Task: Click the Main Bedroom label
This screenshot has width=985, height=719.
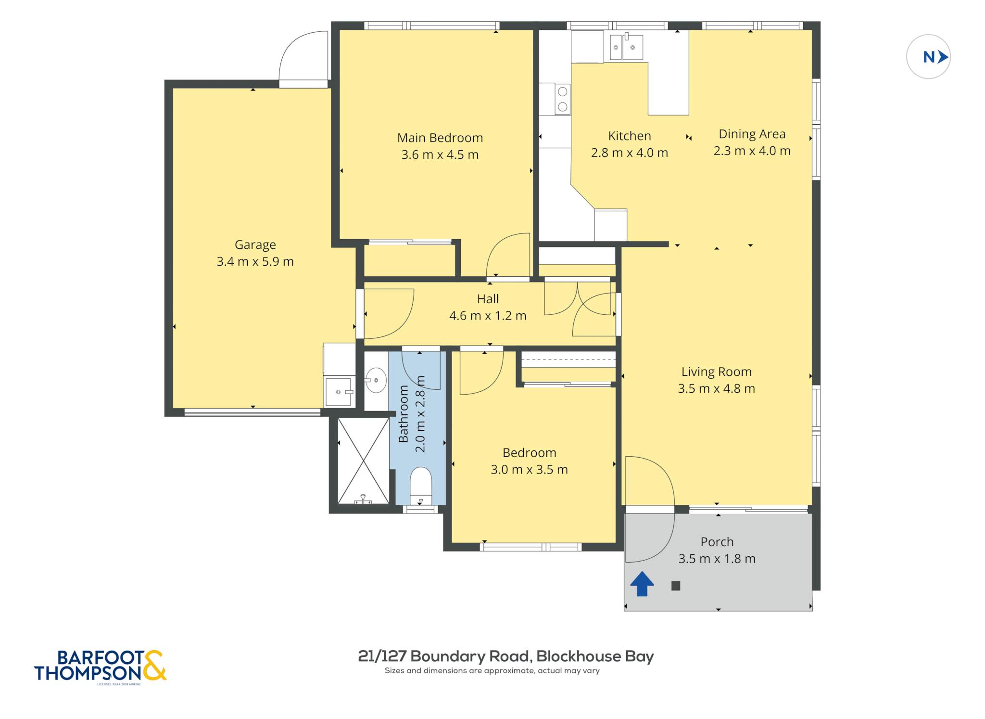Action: pos(440,138)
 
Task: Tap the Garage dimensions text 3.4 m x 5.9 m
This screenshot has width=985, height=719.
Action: pos(255,261)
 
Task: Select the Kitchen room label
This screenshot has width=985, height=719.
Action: pos(629,136)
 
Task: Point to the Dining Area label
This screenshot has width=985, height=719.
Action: pos(752,134)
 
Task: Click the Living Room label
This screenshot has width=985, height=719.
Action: pos(716,372)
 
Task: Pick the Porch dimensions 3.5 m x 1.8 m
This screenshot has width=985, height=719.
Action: pos(717,559)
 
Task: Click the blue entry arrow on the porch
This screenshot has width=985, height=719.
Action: pos(642,584)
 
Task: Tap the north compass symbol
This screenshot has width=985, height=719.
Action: pos(928,57)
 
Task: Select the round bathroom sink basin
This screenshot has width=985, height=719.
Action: pos(376,380)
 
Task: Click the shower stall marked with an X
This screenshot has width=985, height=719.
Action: pos(364,461)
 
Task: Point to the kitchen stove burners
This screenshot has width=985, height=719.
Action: pos(562,99)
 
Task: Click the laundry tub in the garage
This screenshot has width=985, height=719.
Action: pos(339,392)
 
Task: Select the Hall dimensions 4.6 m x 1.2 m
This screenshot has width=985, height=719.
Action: pos(488,316)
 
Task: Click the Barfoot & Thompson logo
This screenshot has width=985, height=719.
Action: pos(100,666)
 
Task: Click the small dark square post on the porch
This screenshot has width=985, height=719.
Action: pos(676,586)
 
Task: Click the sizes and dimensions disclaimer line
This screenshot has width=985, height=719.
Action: pos(492,671)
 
